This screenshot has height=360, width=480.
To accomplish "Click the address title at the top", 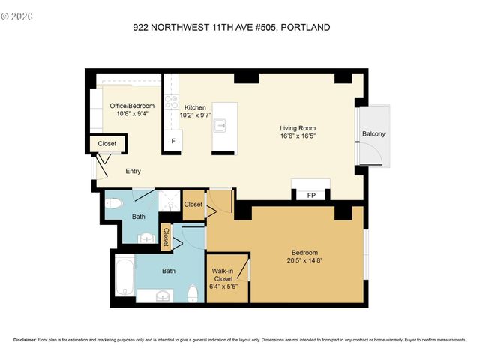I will point(231,28).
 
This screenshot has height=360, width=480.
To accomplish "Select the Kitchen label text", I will point(196,112).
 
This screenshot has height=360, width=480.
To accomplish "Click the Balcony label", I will point(373,134).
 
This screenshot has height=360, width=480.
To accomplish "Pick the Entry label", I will point(133,172).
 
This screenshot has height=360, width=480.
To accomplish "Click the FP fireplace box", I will point(310,196).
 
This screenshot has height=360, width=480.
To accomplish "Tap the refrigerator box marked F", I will point(173,140).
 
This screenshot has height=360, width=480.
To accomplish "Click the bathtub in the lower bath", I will point(125,276).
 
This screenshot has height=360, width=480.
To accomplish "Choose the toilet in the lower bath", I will point(193,291).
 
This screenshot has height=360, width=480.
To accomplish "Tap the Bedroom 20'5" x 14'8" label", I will point(304,256).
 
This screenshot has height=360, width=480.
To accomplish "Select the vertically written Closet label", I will point(165,237).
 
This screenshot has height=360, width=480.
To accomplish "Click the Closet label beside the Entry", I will point(107,144).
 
